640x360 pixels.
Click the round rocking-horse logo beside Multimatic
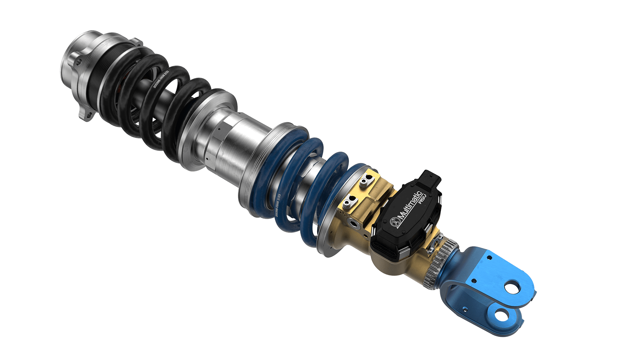394,222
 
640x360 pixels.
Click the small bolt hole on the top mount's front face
79,62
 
